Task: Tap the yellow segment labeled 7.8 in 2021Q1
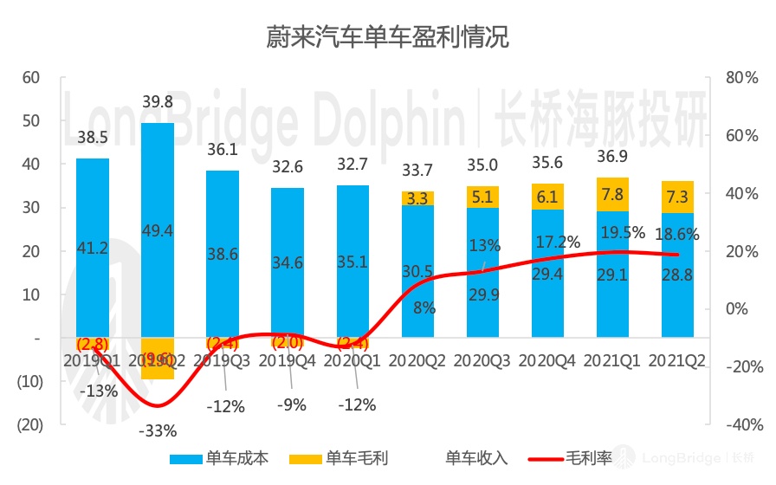click(x=612, y=195)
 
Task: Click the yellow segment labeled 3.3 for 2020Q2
click(x=417, y=198)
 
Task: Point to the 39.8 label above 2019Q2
click(x=157, y=102)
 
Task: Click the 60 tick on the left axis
click(x=31, y=77)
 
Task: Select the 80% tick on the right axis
click(x=743, y=77)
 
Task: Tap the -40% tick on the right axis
click(x=743, y=425)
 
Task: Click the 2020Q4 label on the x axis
click(x=548, y=359)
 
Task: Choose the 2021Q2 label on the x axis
click(x=678, y=359)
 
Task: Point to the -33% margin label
click(x=158, y=430)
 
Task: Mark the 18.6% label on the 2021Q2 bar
click(x=677, y=234)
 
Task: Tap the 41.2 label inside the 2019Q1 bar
click(x=93, y=248)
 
